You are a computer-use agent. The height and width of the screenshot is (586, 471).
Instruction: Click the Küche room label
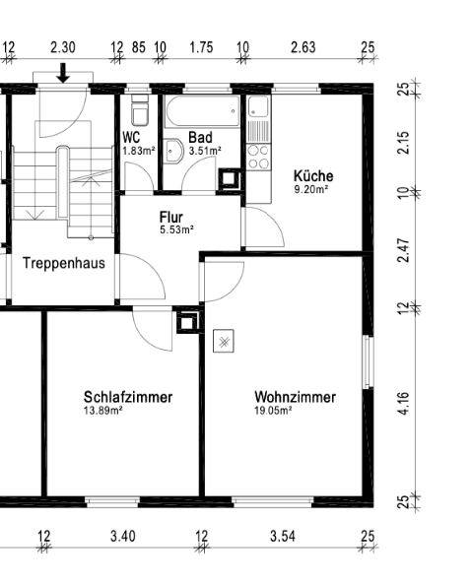pos(312,175)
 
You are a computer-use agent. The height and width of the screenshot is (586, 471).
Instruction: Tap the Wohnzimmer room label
pos(294,398)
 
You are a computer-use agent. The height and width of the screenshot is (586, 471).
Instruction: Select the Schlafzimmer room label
pos(128,397)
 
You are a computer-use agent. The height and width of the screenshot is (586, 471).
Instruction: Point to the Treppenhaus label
pos(64,263)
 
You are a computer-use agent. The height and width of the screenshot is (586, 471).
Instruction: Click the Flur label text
pos(171,217)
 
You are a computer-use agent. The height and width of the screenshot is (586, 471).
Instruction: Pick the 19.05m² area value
pos(271,412)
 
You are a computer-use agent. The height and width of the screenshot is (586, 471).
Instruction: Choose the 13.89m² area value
pos(103,411)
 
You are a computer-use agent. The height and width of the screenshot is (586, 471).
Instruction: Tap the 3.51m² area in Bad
pos(205,151)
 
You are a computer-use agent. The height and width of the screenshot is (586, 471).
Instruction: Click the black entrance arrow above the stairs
pos(63,72)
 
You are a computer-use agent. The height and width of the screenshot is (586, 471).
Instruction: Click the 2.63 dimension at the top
pos(303,46)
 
